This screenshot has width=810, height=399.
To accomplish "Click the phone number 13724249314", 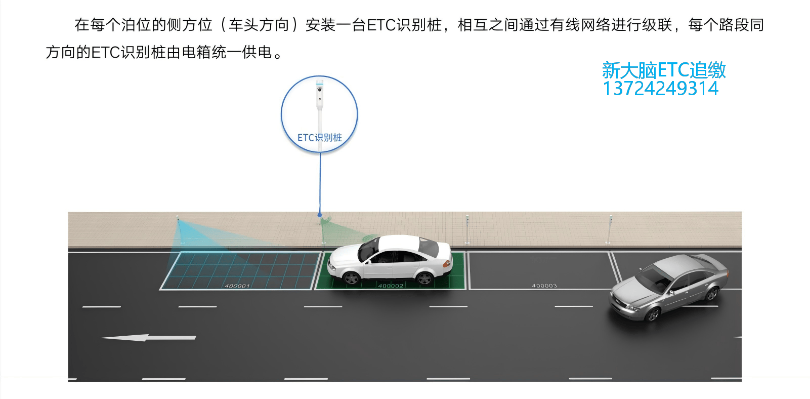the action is coord(660,89).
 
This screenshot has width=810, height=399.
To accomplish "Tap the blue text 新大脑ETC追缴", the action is coord(664,70).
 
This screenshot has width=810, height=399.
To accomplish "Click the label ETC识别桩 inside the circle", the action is coord(320,137).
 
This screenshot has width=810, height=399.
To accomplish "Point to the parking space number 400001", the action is coord(237,286).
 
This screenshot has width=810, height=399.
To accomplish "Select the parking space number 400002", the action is coord(391,286).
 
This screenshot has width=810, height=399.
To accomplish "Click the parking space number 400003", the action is coord(544,286).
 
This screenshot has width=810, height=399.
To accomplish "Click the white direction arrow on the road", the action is coord(148,338).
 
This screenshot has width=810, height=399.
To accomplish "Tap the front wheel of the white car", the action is coord(351,278).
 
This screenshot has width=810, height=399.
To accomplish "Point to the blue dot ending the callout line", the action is coord(320,215).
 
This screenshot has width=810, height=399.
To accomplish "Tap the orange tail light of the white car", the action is coord(447,264).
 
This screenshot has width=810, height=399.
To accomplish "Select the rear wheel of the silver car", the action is coord(712,293).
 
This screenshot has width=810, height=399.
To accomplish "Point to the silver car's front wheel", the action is coord(653,314).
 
